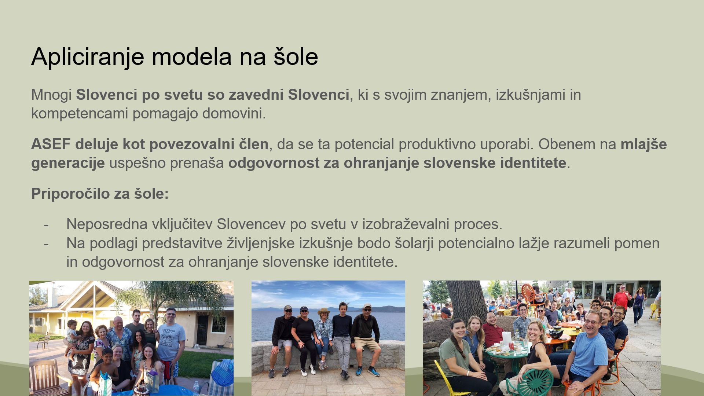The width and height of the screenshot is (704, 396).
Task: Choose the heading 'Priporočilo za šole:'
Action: [100, 194]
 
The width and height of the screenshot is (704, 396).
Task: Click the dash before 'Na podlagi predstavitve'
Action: [46, 243]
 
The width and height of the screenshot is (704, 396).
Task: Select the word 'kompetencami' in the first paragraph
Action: [80, 114]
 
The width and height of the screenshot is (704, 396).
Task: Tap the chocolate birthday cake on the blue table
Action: [140, 389]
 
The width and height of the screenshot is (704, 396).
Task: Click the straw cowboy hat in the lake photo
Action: [324, 312]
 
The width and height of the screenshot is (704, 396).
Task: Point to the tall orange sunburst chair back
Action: [529, 295]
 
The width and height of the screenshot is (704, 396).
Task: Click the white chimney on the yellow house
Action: [52, 296]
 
